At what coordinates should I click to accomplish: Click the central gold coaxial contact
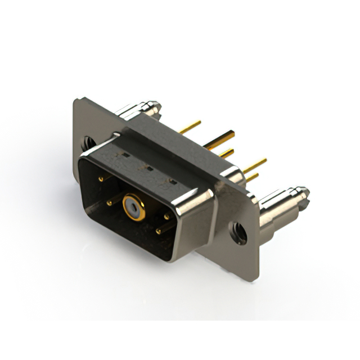pyautogui.click(x=133, y=207)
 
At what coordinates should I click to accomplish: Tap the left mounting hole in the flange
pyautogui.click(x=89, y=143)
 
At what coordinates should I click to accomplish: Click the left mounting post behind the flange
pyautogui.click(x=141, y=109)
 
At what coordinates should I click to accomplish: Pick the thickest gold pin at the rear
pyautogui.click(x=220, y=140)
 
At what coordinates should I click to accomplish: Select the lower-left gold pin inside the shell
pyautogui.click(x=111, y=201)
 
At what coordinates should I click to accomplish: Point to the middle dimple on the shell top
pyautogui.click(x=150, y=168)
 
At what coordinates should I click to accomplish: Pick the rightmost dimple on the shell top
pyautogui.click(x=173, y=181)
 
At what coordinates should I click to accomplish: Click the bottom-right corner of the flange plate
pyautogui.click(x=256, y=277)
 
